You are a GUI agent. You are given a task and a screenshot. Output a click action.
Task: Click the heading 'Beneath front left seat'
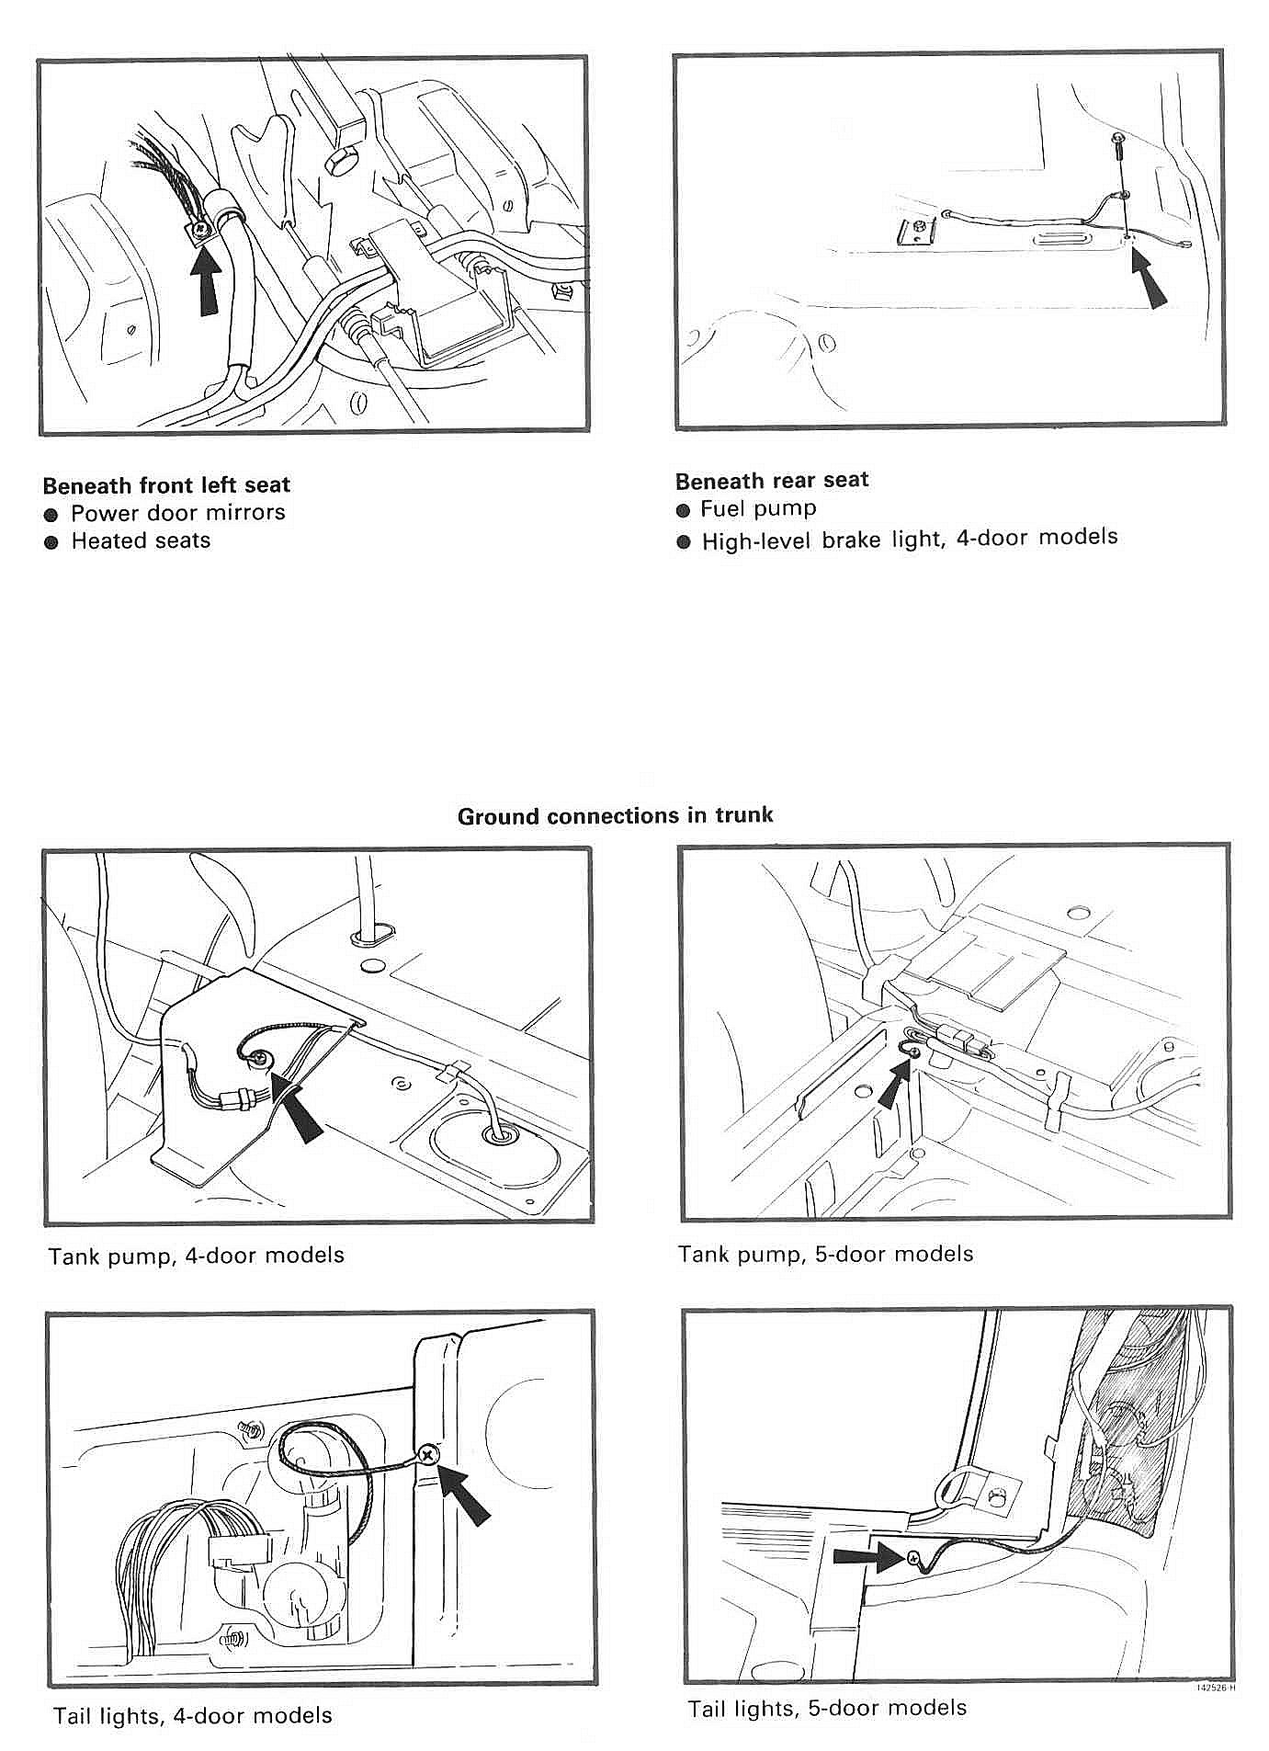(x=166, y=484)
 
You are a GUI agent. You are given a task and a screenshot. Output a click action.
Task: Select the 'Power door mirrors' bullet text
(x=177, y=512)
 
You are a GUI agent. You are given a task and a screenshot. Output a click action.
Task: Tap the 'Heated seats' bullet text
(x=141, y=540)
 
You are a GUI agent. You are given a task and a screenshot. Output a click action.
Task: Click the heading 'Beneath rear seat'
(x=772, y=480)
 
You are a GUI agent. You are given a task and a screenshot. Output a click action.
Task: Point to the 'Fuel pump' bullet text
(x=758, y=508)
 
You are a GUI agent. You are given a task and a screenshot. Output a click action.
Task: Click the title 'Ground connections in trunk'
(x=615, y=815)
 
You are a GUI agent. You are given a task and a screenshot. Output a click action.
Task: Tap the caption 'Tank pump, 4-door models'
(x=196, y=1255)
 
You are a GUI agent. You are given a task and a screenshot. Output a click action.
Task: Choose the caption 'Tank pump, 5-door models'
(x=825, y=1254)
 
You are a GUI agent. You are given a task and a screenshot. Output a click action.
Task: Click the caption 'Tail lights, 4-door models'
(x=192, y=1715)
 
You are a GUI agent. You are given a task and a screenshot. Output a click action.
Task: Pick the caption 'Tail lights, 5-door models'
(x=827, y=1708)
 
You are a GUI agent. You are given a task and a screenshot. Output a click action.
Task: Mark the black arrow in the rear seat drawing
(x=1149, y=281)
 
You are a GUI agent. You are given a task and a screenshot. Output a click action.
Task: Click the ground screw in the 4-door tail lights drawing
(x=427, y=1454)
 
